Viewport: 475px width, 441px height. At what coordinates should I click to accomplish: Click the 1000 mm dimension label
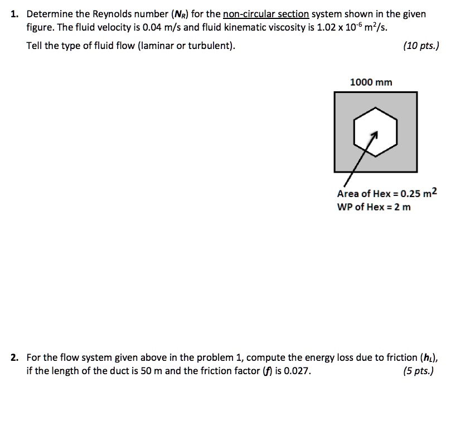point(371,82)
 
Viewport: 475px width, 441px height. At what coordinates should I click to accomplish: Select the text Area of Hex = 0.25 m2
point(387,193)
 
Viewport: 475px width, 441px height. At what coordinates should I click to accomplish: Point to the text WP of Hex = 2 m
point(374,208)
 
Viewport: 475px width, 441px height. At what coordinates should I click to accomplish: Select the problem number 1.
point(14,14)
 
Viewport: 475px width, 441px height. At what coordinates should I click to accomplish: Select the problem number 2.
point(14,357)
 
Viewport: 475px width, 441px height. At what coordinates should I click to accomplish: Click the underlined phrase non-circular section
point(265,14)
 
